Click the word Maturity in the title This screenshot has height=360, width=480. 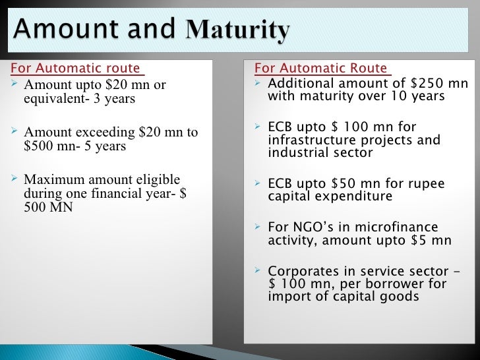(239, 30)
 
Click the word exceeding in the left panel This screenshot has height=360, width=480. (100, 132)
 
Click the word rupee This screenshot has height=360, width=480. (428, 184)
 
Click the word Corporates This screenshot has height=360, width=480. (301, 271)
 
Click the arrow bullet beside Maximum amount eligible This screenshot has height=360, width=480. (16, 179)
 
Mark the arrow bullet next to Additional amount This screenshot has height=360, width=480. (259, 83)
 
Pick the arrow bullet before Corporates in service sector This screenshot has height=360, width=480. (259, 270)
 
